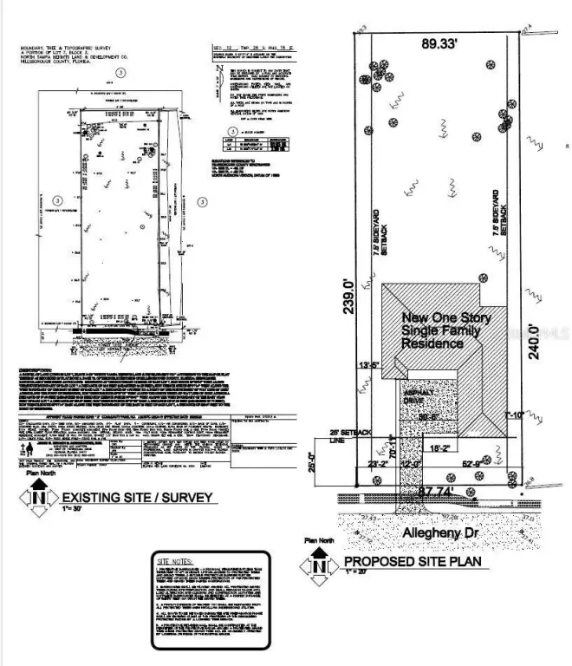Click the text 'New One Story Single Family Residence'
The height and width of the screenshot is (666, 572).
click(445, 331)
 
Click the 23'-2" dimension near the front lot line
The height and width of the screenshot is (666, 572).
click(379, 464)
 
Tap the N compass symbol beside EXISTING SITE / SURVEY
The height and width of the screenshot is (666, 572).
click(37, 499)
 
